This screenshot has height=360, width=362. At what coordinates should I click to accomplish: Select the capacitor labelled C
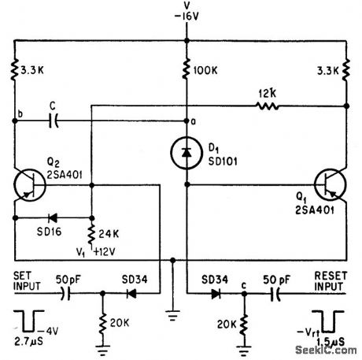[53, 121]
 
